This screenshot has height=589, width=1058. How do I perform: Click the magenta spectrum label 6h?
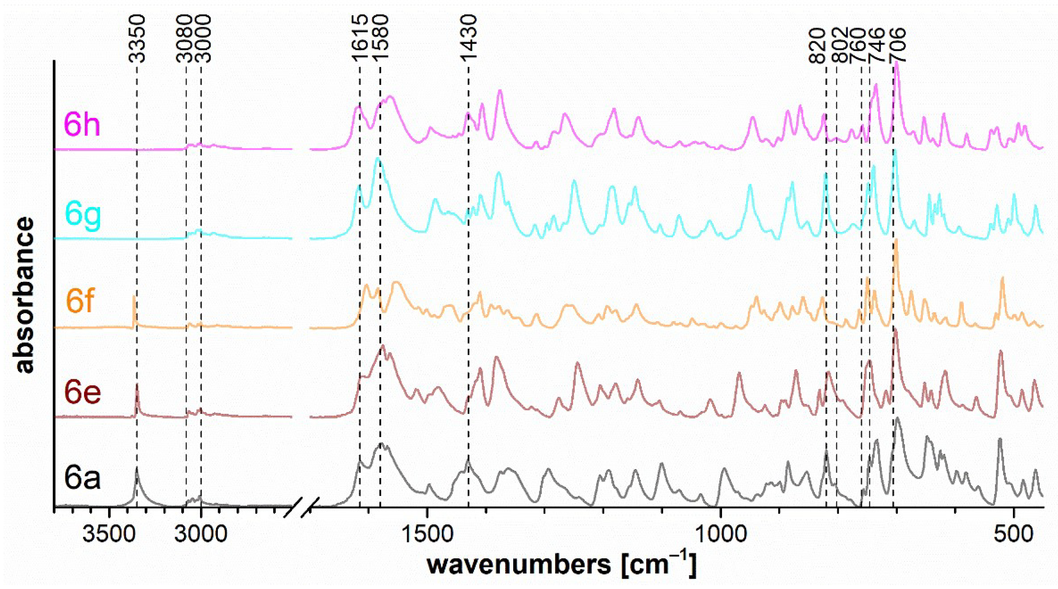click(x=82, y=125)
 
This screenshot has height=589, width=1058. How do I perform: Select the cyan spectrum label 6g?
click(x=83, y=216)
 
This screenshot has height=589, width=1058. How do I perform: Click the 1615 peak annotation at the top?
click(x=360, y=39)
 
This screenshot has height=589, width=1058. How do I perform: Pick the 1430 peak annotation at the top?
click(x=469, y=39)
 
